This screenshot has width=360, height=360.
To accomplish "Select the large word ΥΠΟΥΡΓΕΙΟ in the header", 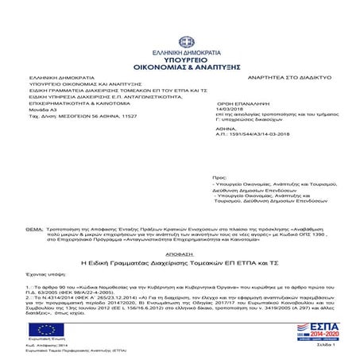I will [179, 36].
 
